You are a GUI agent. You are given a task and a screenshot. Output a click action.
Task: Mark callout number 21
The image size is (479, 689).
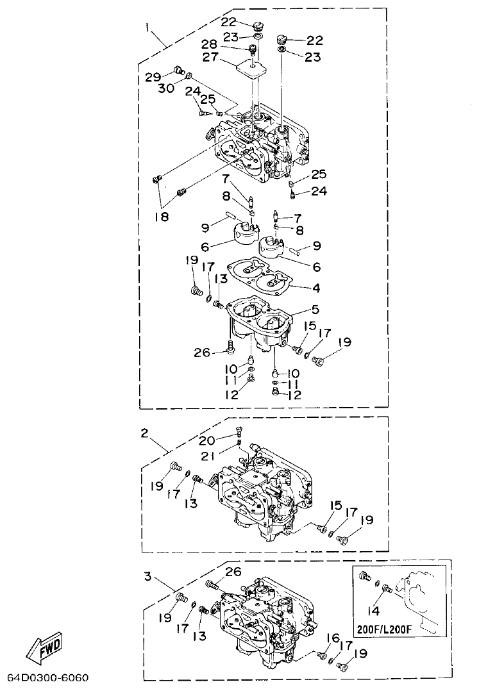coord(207,456)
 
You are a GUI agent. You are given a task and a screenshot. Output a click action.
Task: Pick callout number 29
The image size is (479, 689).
coord(153,76)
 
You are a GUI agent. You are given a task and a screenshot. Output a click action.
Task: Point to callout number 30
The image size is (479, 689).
coord(165,89)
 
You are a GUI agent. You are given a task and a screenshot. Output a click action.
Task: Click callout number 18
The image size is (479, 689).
coord(161,217)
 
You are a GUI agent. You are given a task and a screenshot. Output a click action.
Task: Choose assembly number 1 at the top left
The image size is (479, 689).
coord(147,28)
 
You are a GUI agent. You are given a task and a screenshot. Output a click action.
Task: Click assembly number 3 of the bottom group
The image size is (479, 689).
coord(147,576)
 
